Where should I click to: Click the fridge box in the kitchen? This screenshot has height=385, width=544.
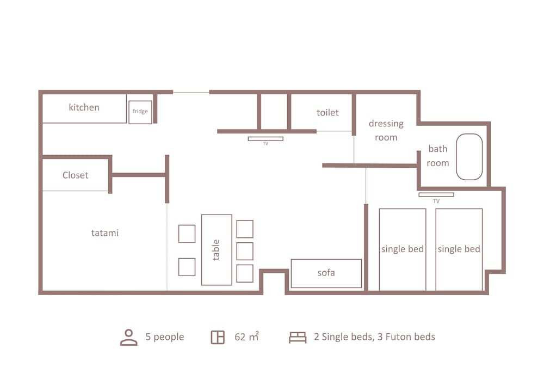(140, 112)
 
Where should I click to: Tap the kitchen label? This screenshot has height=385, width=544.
(84, 107)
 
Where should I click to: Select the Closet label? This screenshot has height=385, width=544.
(75, 175)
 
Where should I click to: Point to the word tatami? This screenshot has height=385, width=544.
(105, 233)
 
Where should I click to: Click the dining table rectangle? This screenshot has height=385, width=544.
(217, 250)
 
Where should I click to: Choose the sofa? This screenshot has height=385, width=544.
(326, 273)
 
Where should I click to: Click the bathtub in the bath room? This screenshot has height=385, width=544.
(469, 157)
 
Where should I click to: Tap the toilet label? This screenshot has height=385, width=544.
(327, 113)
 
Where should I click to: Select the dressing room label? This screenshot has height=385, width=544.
(386, 130)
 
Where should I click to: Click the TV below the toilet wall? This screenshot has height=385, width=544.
(265, 138)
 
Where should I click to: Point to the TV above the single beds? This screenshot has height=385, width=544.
(436, 195)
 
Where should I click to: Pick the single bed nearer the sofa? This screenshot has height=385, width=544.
(403, 249)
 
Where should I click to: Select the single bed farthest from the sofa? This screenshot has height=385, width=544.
(459, 249)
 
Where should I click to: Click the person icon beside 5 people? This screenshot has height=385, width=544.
(129, 337)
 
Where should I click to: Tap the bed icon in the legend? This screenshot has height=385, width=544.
(298, 338)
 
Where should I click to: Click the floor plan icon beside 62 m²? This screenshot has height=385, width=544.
(218, 338)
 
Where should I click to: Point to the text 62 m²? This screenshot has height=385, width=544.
(246, 337)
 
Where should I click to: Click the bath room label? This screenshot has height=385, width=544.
(438, 156)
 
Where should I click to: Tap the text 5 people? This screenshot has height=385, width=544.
(165, 337)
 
